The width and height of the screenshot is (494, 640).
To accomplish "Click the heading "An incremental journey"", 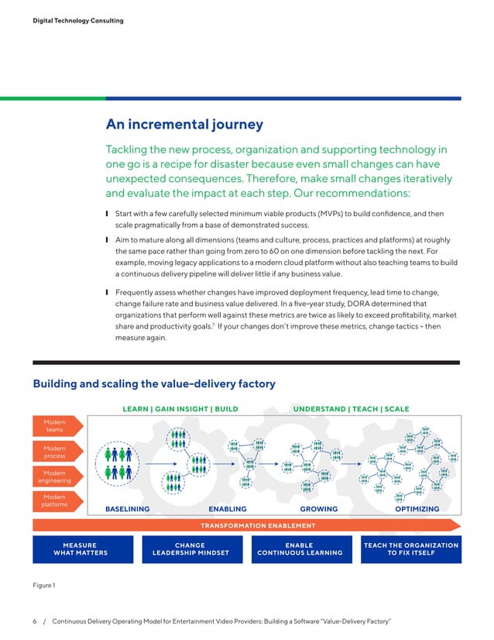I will (184, 124).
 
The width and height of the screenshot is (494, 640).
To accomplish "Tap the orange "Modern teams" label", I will (54, 425).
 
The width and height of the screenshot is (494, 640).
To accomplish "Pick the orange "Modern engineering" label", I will (54, 477).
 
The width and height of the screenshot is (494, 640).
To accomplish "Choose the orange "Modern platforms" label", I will (54, 501).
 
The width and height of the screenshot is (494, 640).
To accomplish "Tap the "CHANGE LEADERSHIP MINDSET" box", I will (190, 549).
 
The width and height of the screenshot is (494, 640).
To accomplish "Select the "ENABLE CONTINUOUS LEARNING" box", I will (300, 549).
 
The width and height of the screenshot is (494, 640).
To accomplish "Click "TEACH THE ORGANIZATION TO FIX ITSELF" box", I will (411, 549).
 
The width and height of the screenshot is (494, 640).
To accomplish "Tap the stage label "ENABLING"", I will (228, 509).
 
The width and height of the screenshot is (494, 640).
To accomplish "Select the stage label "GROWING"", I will (319, 509).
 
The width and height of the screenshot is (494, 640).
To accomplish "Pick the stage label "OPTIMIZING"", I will (417, 509).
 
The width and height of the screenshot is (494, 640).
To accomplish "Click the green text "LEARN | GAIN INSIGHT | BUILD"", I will (177, 408).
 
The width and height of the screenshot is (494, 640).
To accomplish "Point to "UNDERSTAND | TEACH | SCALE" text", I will (351, 408).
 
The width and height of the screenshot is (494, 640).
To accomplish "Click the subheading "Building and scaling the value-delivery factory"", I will (153, 384).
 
